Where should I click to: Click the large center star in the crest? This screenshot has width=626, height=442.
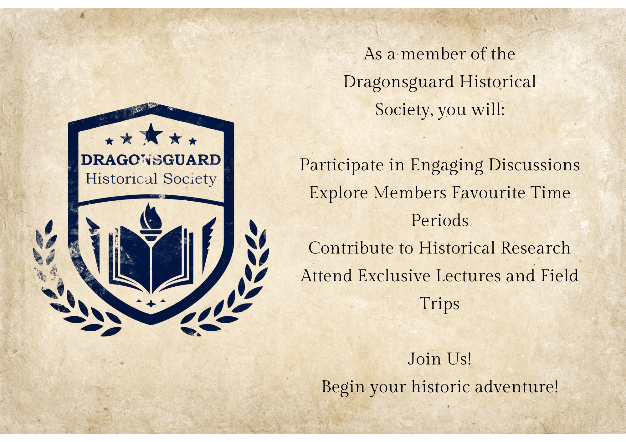[151, 134]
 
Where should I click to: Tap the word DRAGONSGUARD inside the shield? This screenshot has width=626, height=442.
[151, 160]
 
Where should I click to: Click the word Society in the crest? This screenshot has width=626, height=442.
[190, 179]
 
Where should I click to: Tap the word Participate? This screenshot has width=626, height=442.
[341, 165]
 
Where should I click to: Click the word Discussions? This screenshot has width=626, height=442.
[534, 165]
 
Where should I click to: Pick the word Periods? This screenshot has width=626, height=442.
[439, 220]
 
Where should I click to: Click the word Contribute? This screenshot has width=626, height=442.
[351, 248]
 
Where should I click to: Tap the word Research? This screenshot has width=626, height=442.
[536, 248]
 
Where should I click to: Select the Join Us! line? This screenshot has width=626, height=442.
[439, 359]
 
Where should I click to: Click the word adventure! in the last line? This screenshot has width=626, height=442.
[516, 387]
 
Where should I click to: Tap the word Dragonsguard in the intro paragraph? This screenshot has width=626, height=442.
[398, 82]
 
